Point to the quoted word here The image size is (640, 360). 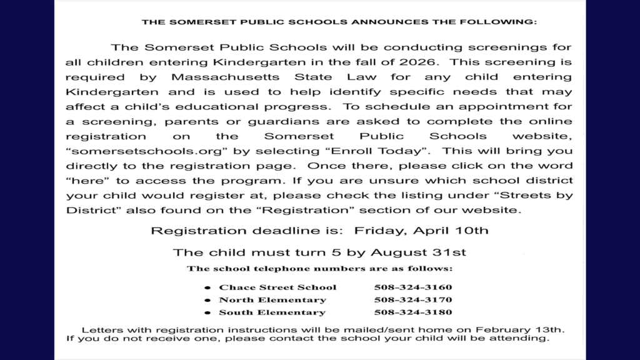point(82,181)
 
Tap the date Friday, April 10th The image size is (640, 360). point(421,231)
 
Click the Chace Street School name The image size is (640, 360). point(277,287)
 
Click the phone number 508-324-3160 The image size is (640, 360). point(412,287)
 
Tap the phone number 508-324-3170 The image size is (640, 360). point(412,300)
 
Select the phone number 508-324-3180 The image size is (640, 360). point(412,312)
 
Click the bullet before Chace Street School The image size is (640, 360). point(207,288)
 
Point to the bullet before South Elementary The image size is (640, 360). point(207,313)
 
